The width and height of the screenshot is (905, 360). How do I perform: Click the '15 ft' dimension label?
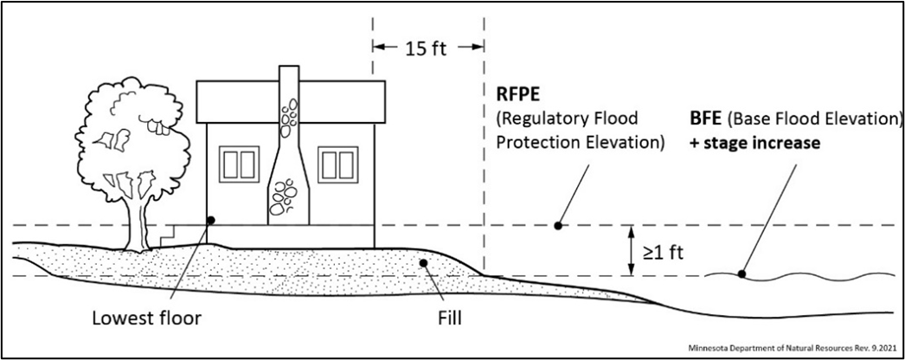(x=427, y=47)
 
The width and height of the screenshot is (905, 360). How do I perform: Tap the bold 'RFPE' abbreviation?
(x=517, y=93)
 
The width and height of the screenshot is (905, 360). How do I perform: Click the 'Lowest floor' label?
(x=147, y=318)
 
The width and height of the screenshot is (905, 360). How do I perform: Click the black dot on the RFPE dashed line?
(x=558, y=225)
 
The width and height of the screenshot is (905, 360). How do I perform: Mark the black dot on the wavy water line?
(x=741, y=275)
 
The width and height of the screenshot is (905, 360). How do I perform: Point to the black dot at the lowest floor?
(x=209, y=220)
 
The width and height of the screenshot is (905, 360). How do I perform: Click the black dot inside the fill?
(x=421, y=263)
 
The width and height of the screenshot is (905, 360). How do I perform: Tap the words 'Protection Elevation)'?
(x=580, y=142)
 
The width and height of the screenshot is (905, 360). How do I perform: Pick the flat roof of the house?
(x=290, y=102)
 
